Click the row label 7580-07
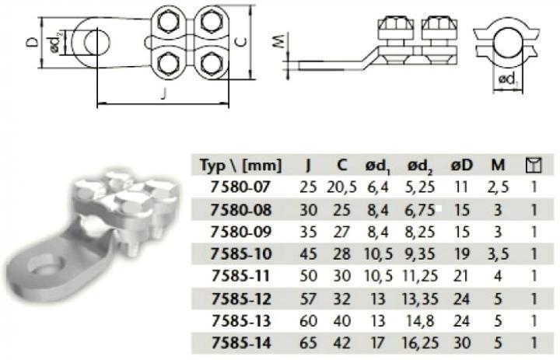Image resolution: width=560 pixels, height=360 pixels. pos(240,187)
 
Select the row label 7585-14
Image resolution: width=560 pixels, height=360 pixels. pos(241,343)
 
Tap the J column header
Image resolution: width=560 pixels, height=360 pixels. pos(308,165)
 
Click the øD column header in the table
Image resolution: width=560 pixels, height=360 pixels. pos(461,165)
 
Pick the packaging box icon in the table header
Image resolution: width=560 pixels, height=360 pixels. pos(534,166)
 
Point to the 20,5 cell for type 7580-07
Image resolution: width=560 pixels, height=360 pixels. pos(341,187)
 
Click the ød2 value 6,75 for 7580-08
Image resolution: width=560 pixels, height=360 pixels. pos(420,210)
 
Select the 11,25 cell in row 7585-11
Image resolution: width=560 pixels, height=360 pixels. pos(420,276)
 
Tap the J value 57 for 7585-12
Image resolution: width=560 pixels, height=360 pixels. pos(308,299)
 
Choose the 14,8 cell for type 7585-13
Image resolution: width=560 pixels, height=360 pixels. pos(420,320)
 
